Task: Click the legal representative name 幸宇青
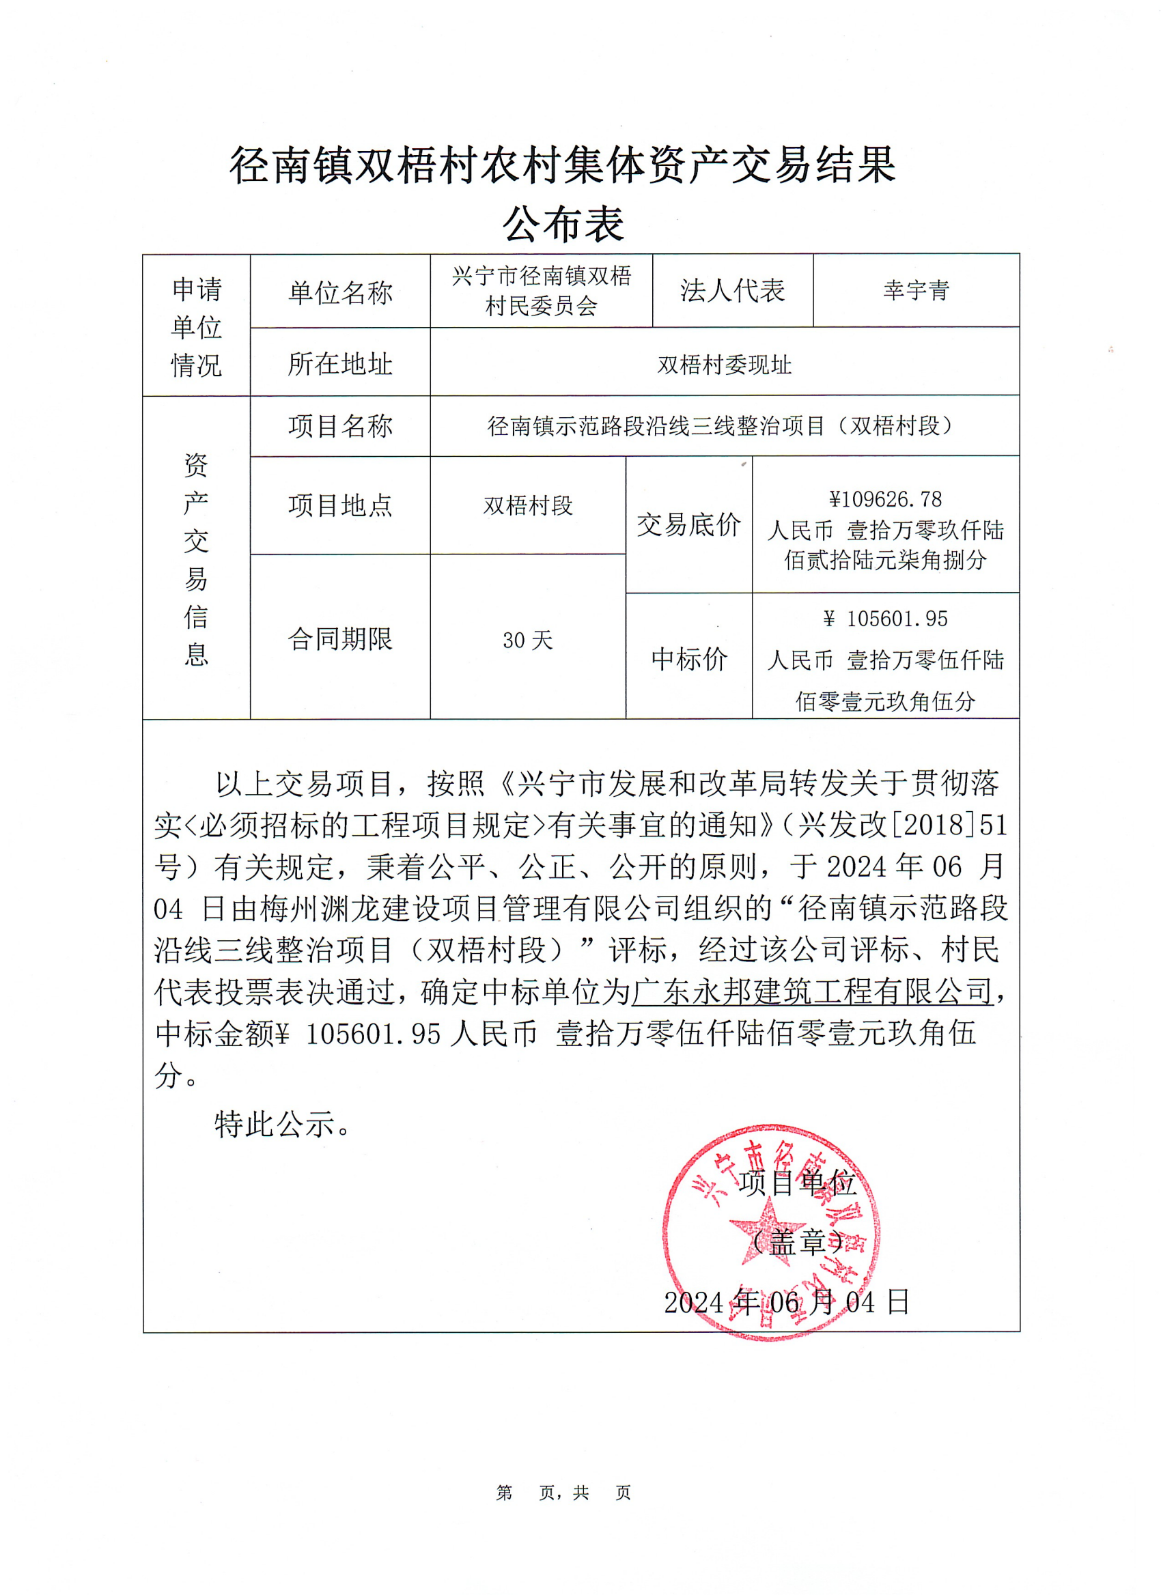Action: (x=916, y=290)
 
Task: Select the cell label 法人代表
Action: (x=732, y=290)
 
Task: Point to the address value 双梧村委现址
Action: (x=725, y=365)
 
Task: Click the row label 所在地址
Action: (x=339, y=364)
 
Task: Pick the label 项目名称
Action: (x=339, y=426)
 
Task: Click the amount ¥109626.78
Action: (x=884, y=499)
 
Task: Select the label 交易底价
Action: (x=688, y=524)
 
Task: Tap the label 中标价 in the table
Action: (x=688, y=658)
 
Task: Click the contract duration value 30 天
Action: (x=527, y=640)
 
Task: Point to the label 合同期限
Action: (x=339, y=638)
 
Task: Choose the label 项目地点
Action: (x=339, y=506)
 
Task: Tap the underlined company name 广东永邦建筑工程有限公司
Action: (x=812, y=992)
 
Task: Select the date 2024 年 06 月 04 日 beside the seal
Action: (x=786, y=1303)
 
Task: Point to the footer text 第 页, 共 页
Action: (x=563, y=1493)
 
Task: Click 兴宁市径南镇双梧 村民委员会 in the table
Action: (x=541, y=290)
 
